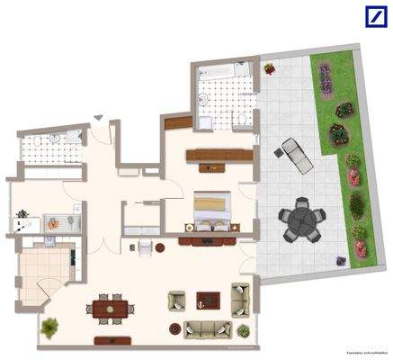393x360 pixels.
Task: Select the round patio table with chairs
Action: tap(299, 220)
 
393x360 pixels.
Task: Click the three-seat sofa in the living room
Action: tap(207, 328)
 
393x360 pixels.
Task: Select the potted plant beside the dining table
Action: tap(50, 327)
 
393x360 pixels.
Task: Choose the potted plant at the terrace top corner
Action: tap(269, 68)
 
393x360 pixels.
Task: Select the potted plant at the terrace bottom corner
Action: tap(341, 260)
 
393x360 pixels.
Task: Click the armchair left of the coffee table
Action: tap(176, 301)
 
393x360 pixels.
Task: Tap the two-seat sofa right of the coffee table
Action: tap(239, 296)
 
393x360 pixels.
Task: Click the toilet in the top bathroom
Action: tap(242, 120)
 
